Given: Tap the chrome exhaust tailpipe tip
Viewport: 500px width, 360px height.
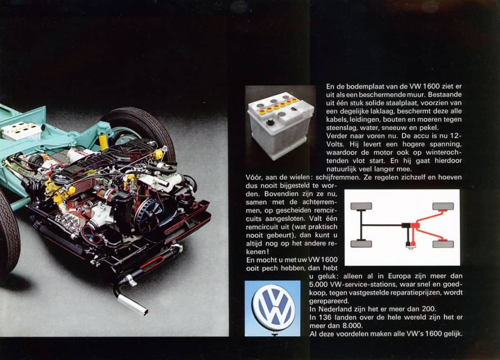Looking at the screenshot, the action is [132, 305].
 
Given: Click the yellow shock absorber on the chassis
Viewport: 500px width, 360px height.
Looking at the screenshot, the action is [103, 142].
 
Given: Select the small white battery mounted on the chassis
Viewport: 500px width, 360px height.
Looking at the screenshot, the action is [21, 130].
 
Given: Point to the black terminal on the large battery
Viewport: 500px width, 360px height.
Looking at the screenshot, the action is [270, 121].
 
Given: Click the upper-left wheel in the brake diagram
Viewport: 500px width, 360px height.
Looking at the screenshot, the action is [361, 206].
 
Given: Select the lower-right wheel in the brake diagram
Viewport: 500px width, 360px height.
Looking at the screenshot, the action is [443, 244].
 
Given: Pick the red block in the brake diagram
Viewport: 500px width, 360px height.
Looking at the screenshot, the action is [415, 225].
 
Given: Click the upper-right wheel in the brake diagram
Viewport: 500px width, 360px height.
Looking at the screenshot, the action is [443, 206].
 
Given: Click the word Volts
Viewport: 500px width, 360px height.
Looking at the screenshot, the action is [336, 144].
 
